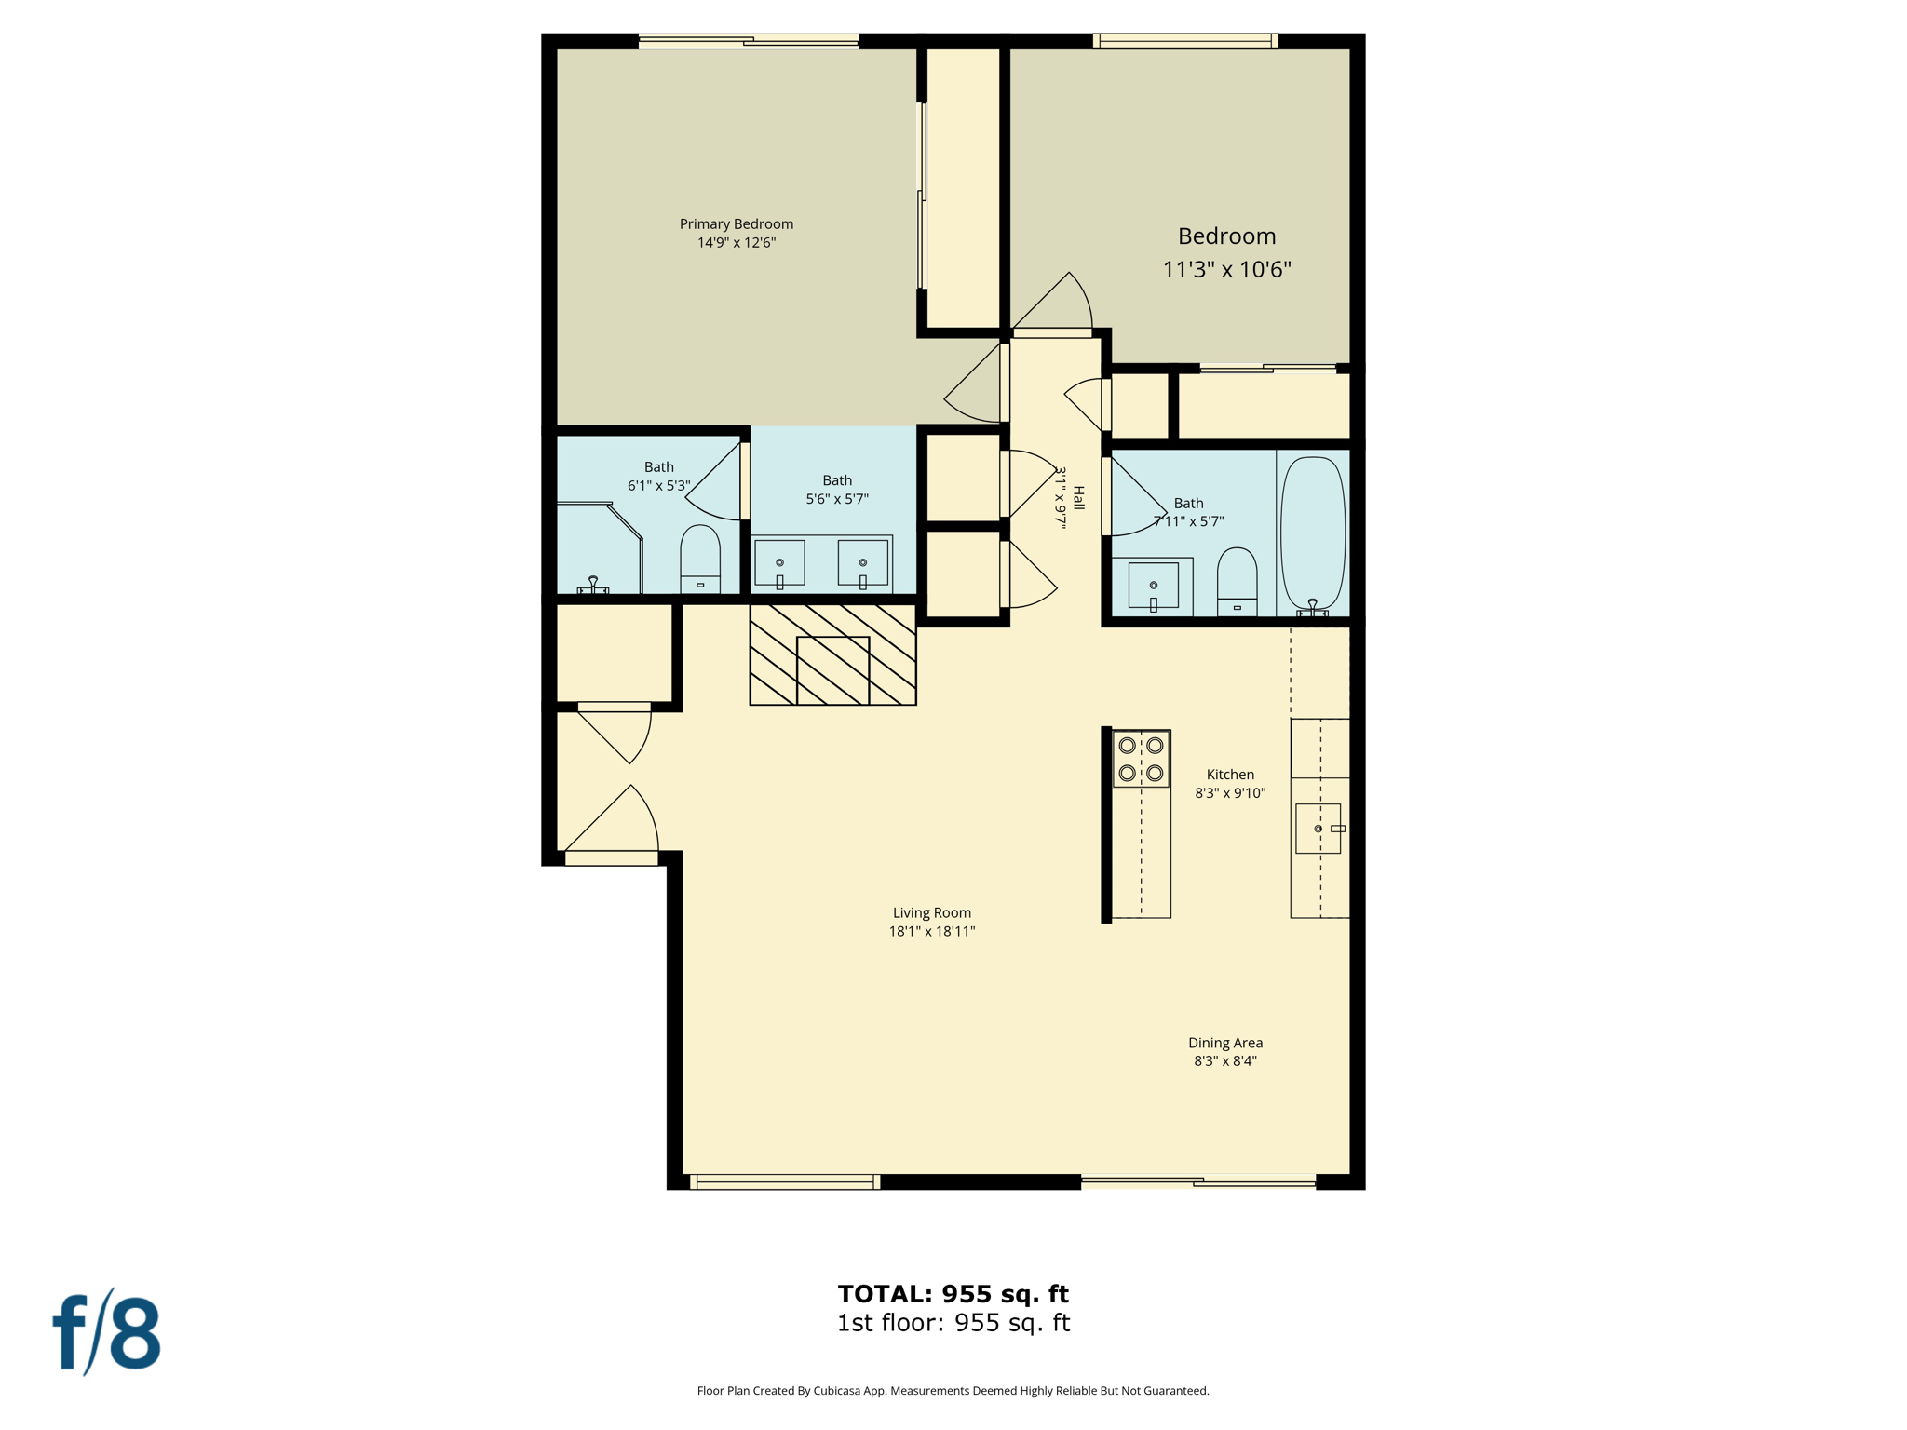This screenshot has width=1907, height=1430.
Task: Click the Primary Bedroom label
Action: point(736,224)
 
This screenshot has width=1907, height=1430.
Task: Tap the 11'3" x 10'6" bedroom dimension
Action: point(1226,270)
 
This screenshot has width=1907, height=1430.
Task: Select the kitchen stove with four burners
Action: point(1141,759)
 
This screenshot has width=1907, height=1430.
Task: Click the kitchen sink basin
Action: point(1317,829)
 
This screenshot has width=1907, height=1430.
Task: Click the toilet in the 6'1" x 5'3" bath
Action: point(700,559)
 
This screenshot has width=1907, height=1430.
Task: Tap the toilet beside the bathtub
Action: point(1237,581)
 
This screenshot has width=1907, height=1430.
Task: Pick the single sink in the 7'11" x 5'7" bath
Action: point(1153,586)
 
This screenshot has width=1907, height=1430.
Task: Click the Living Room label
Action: point(931,912)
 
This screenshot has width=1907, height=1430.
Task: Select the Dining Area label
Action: point(1224,1043)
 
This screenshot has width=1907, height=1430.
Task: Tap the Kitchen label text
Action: point(1230,775)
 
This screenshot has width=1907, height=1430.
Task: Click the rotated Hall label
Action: point(1078,498)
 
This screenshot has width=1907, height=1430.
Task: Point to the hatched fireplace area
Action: point(832,654)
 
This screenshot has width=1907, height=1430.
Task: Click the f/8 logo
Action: point(107,1333)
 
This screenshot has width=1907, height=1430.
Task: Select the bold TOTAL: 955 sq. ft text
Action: point(953,1294)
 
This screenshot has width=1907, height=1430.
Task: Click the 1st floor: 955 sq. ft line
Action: point(953,1323)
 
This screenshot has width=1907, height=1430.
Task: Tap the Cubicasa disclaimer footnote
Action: point(953,1391)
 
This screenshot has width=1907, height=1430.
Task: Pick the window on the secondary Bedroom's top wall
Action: point(1184,41)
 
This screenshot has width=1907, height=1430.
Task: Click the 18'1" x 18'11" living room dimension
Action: point(931,931)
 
